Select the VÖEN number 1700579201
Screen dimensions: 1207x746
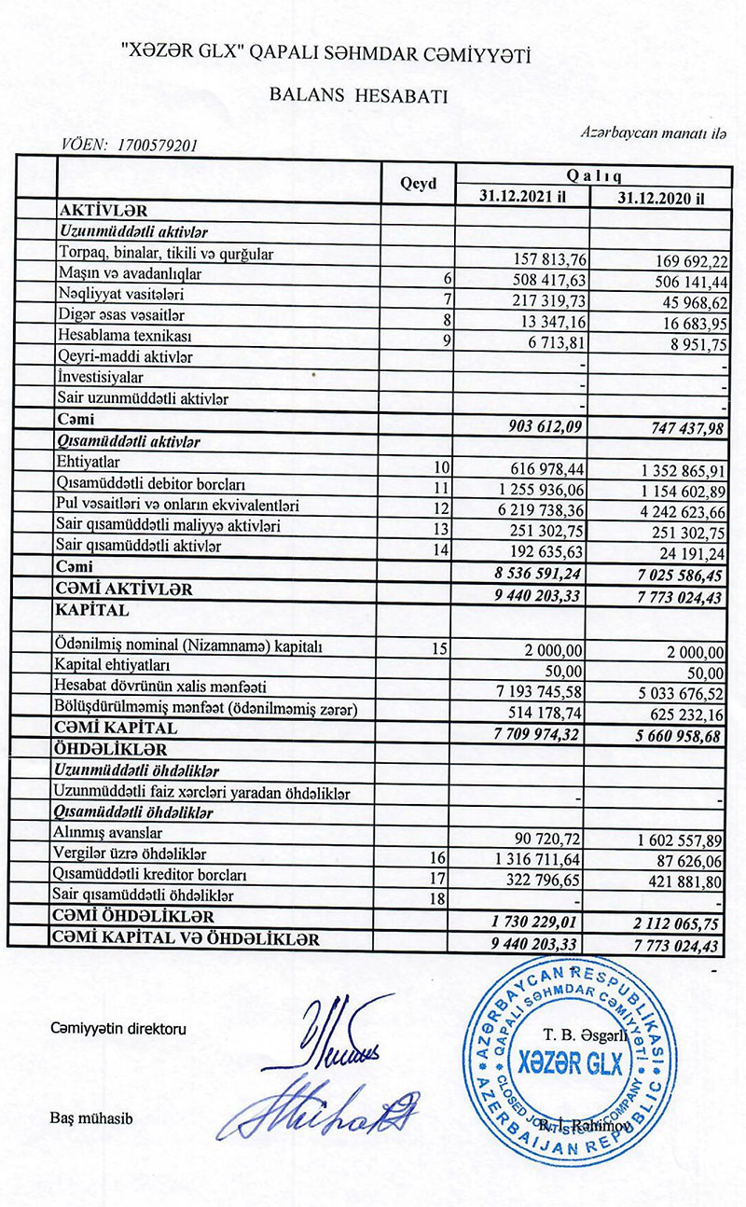click(154, 145)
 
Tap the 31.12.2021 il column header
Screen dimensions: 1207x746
click(522, 198)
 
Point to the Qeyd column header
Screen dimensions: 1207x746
click(418, 185)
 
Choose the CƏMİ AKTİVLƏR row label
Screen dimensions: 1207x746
click(125, 590)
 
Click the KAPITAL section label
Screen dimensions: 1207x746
click(95, 609)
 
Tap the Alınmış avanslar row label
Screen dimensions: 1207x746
click(110, 832)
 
